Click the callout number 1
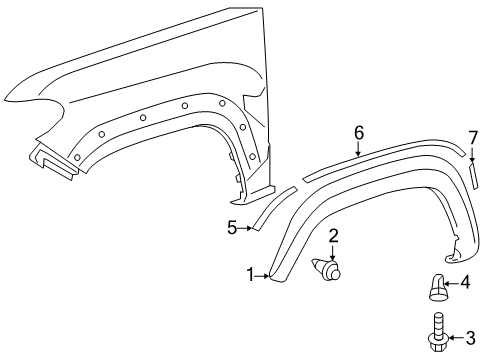pyautogui.click(x=251, y=274)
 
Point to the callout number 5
pyautogui.click(x=232, y=228)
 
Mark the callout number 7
pyautogui.click(x=473, y=137)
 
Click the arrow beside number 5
pyautogui.click(x=244, y=228)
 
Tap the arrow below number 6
pyautogui.click(x=357, y=149)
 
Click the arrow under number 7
pyautogui.click(x=473, y=155)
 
